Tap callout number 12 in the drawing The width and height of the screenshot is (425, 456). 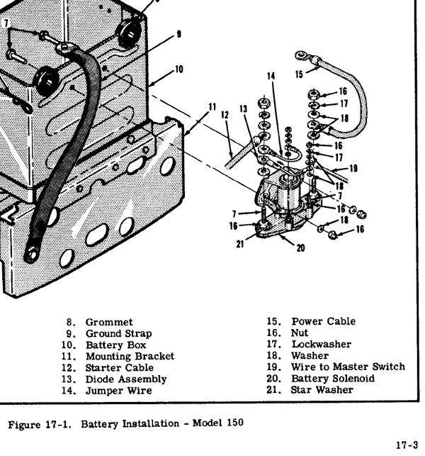pos(225,115)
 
